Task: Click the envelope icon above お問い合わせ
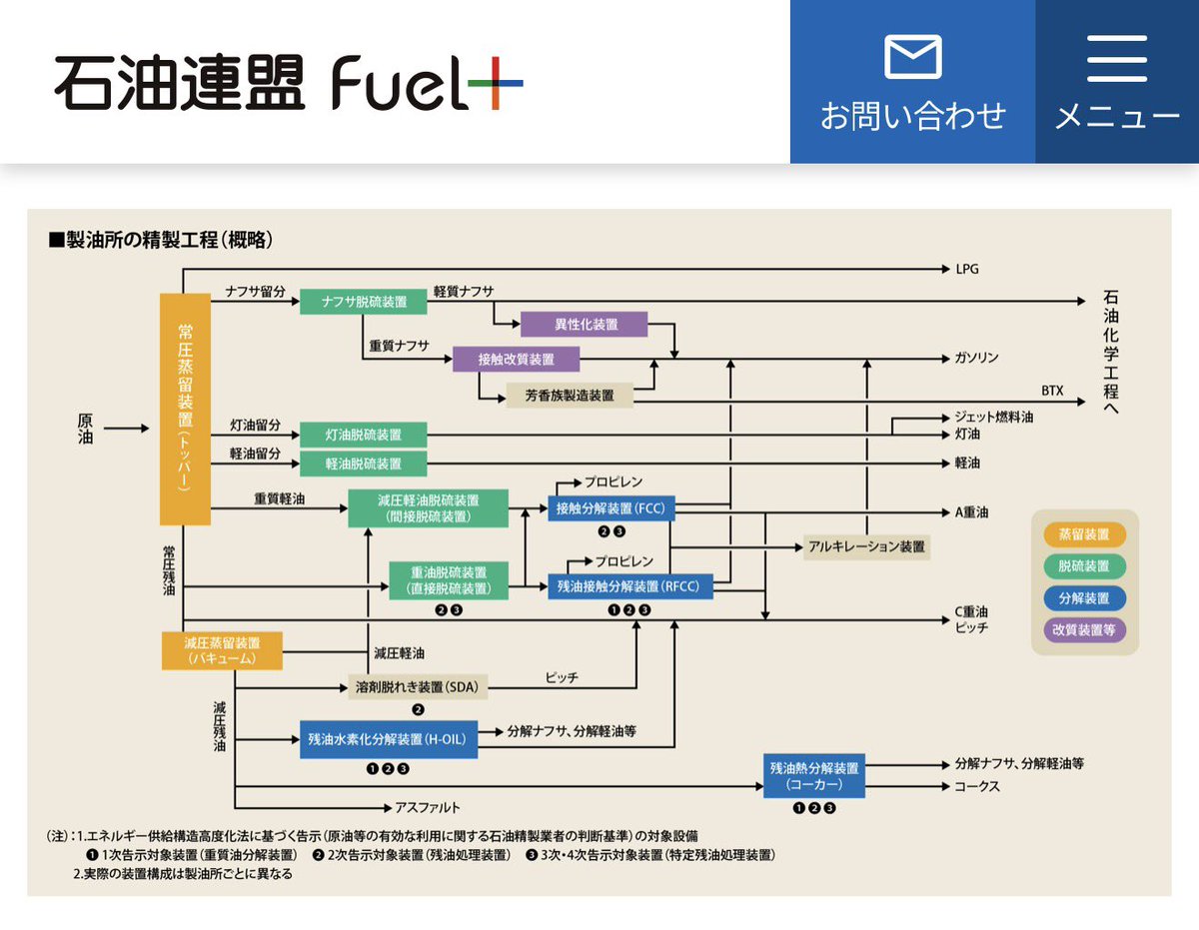[x=912, y=58]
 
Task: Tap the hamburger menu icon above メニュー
[x=1117, y=58]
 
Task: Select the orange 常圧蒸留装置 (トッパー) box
[x=185, y=409]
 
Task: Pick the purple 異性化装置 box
[x=585, y=325]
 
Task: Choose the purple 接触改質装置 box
[x=516, y=360]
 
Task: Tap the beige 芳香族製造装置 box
[x=570, y=395]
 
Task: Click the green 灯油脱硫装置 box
[x=364, y=435]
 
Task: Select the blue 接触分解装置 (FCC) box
[x=610, y=508]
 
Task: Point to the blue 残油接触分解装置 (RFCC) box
[x=630, y=585]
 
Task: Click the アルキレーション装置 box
[x=865, y=546]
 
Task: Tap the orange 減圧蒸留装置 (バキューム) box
[x=222, y=650]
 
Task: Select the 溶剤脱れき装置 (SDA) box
[x=417, y=686]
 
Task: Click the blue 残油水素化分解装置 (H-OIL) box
[x=389, y=740]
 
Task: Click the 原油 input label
[x=85, y=429]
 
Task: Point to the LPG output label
[x=968, y=269]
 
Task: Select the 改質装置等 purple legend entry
[x=1083, y=629]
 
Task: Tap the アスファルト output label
[x=428, y=807]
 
